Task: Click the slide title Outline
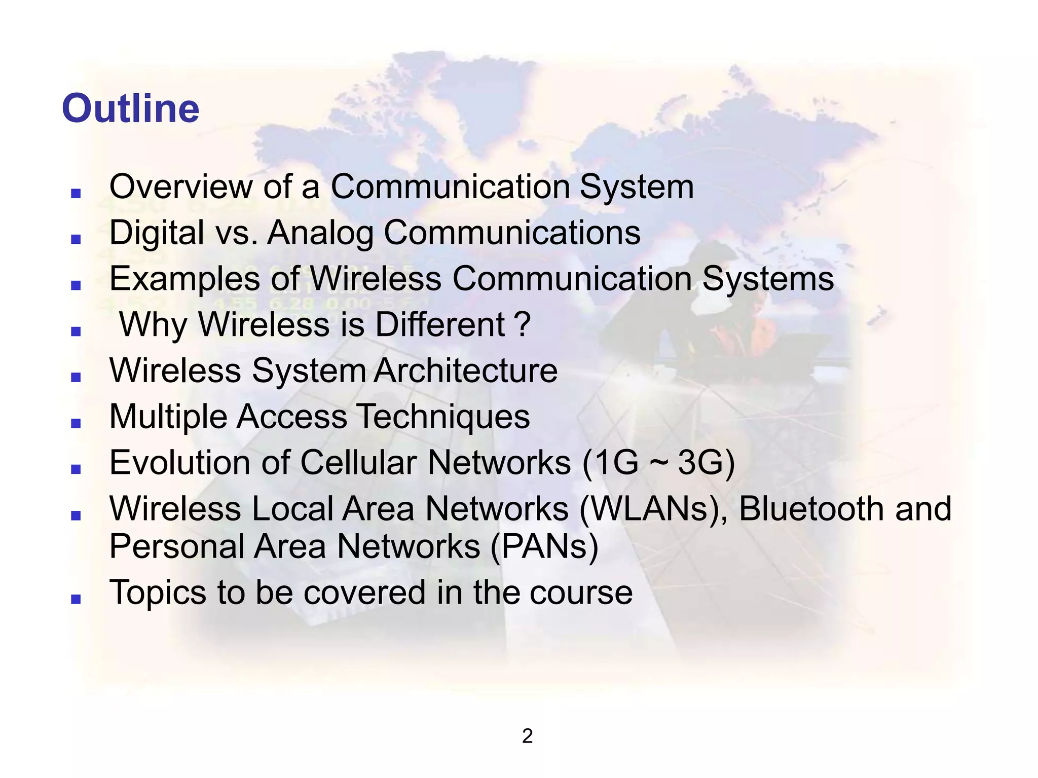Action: pos(130,108)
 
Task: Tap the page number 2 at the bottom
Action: pos(527,736)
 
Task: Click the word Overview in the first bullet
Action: pos(180,187)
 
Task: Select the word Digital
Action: pos(157,233)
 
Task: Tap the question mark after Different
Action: pos(522,324)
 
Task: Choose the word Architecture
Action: pos(465,371)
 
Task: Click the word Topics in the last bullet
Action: pos(158,592)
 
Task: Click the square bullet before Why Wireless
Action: pos(76,331)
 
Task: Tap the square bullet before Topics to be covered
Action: pos(76,600)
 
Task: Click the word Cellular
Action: pos(359,463)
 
